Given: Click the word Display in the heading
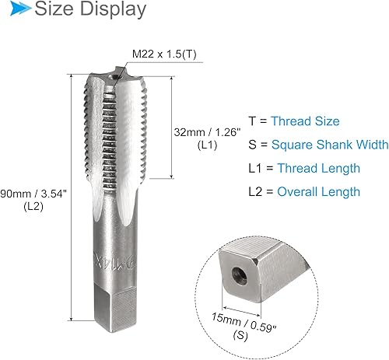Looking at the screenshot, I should click(x=114, y=10).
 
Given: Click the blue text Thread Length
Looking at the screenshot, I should click(x=318, y=168).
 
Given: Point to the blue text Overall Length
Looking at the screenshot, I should click(x=319, y=191).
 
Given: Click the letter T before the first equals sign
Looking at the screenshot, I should click(x=252, y=121).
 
